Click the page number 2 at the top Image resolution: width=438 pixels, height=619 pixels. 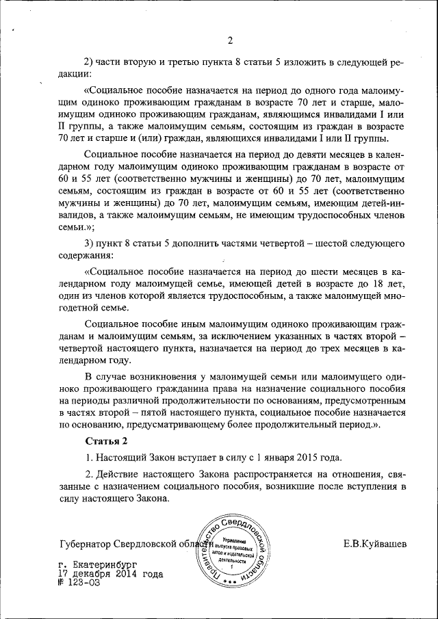(x=231, y=39)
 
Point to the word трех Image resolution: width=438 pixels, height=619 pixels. (x=322, y=350)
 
